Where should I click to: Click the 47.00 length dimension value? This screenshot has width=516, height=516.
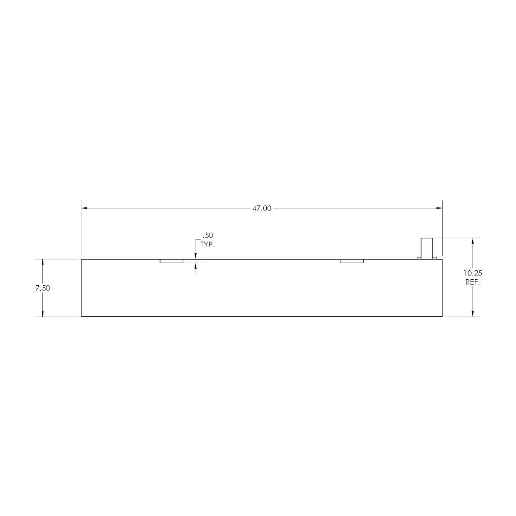[x=262, y=208]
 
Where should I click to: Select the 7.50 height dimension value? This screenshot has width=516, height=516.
[x=42, y=288]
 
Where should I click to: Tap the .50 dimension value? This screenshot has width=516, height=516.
[x=208, y=236]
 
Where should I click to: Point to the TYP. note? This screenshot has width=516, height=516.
[x=207, y=245]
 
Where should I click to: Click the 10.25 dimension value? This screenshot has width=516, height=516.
[x=473, y=273]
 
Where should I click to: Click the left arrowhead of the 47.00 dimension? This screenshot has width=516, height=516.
[x=85, y=208]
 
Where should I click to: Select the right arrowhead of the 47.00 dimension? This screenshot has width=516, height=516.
[x=439, y=208]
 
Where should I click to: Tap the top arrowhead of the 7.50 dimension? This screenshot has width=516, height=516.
[x=42, y=262]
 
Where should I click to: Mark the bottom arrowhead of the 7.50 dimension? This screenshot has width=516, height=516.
[x=42, y=313]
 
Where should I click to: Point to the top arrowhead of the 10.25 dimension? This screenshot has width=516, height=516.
[x=473, y=241]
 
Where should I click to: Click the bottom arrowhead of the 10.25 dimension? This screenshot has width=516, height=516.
[x=473, y=313]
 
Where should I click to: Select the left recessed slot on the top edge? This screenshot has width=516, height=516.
[x=171, y=261]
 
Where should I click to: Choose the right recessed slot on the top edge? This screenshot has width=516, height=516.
[x=352, y=261]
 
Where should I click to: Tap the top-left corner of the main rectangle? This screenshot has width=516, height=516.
[x=82, y=259]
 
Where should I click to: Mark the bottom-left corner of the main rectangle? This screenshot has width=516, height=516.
[x=82, y=316]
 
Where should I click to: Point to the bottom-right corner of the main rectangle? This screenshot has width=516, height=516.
[x=442, y=316]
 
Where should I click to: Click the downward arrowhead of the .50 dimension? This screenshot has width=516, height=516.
[x=195, y=256]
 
